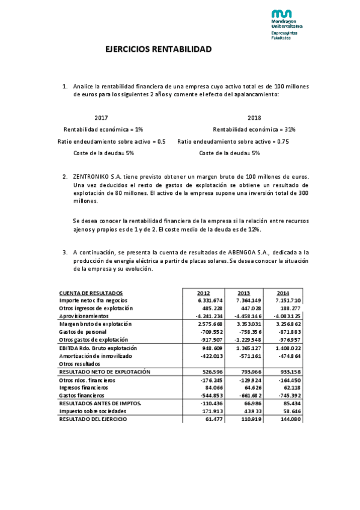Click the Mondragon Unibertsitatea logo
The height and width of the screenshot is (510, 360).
coord(285,24)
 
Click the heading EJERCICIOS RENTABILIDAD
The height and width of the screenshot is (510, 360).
coord(159,49)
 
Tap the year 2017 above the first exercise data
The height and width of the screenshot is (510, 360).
coord(102,118)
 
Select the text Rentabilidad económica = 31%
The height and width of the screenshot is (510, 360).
coord(254,129)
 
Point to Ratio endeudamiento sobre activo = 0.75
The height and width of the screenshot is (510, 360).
coord(233,141)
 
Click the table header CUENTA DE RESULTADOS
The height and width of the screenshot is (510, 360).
coord(91,293)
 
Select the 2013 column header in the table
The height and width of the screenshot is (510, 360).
coord(244,293)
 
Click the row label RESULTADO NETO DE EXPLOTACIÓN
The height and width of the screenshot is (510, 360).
coord(105,372)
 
